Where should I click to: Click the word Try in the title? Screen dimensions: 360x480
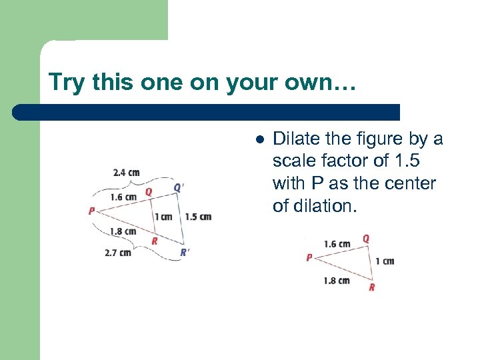65,83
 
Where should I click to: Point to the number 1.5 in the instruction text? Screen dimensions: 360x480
406,161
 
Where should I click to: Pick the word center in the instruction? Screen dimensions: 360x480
413,183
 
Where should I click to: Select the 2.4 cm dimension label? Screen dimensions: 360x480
126,173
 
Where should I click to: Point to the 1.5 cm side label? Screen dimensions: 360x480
198,217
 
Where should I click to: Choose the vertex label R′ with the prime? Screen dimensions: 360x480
184,252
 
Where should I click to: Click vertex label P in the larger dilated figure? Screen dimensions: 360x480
91,211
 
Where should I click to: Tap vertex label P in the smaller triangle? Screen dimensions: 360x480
309,257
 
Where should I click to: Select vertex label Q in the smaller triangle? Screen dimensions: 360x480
366,238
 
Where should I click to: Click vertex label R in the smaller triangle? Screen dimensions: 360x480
371,287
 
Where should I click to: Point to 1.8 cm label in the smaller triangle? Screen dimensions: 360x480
337,280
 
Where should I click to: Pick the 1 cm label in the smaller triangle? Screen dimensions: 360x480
385,261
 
